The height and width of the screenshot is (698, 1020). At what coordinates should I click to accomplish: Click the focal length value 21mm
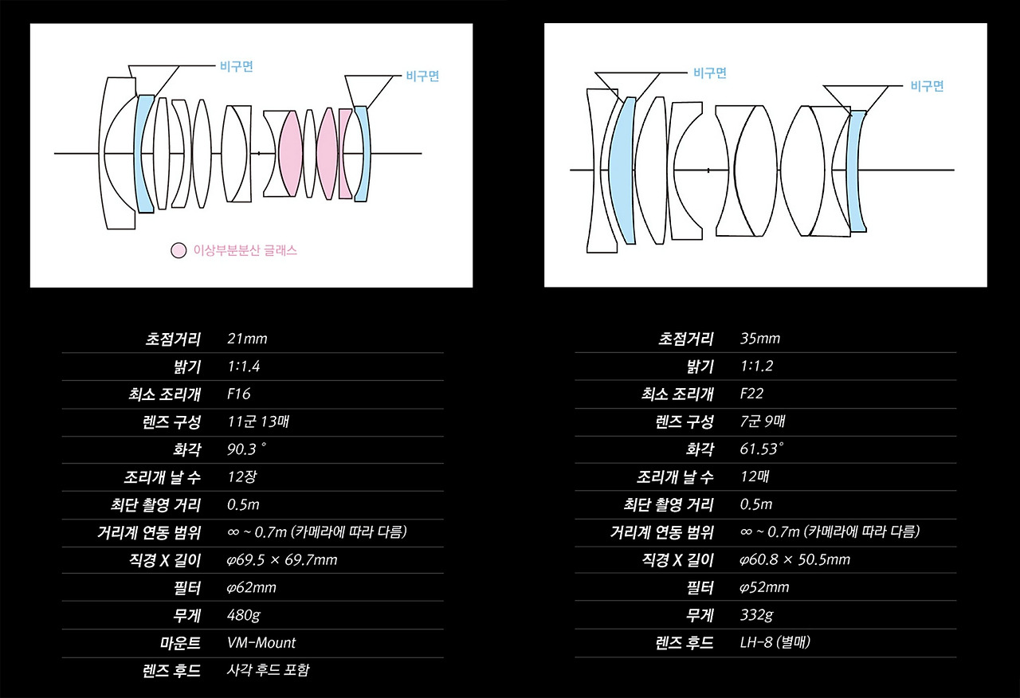tap(247, 339)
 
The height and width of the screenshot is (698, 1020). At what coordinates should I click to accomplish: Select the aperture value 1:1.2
tap(756, 367)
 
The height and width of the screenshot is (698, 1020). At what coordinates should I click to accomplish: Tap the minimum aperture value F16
tap(239, 394)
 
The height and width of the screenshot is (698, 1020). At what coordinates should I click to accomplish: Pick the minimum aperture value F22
tap(751, 394)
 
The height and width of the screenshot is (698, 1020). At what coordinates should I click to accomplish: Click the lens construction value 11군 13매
tap(257, 422)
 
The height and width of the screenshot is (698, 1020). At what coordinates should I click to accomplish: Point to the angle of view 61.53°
tap(762, 449)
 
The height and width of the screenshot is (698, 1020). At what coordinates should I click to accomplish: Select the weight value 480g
tap(244, 615)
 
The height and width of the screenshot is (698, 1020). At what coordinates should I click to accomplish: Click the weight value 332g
tap(756, 615)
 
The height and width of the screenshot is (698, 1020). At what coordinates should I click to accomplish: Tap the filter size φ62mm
tap(252, 588)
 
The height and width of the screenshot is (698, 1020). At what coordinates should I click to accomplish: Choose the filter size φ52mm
tap(764, 588)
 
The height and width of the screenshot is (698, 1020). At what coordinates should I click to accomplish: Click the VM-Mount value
tap(261, 642)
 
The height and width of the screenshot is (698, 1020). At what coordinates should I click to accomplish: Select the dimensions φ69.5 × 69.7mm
tap(282, 560)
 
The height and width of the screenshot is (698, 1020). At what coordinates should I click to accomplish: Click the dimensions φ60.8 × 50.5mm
tap(794, 560)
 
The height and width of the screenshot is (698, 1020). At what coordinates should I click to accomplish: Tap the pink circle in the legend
tap(178, 250)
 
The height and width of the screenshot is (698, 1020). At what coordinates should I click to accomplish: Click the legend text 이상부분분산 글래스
tap(245, 250)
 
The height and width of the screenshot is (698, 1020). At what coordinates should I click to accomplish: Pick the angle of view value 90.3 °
tap(247, 449)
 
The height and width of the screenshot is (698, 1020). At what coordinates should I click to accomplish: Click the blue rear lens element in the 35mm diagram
tap(857, 171)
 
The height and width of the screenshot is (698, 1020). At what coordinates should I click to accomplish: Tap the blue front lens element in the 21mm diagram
tap(145, 153)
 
